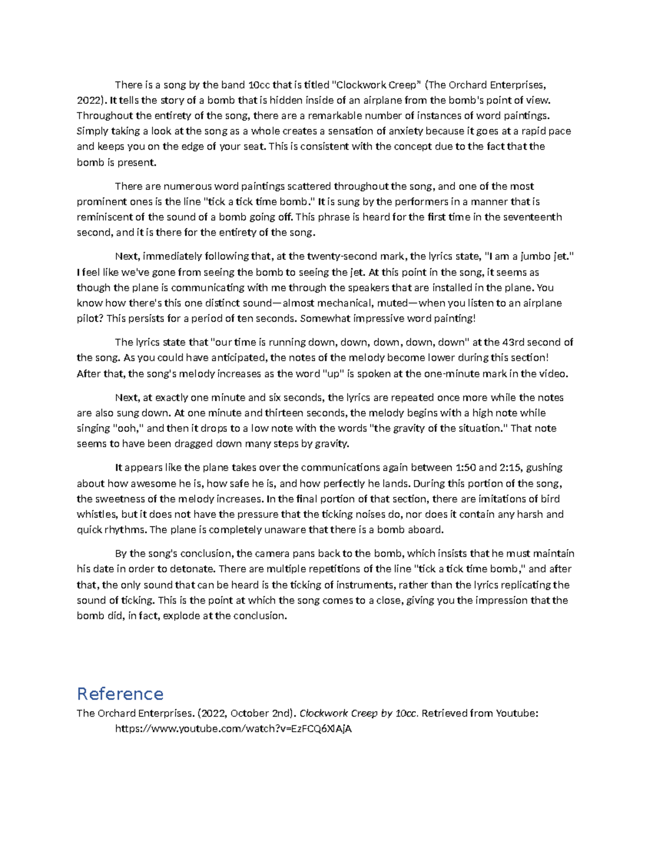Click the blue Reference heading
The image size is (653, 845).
pos(120,694)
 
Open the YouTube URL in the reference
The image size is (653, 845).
pos(233,729)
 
